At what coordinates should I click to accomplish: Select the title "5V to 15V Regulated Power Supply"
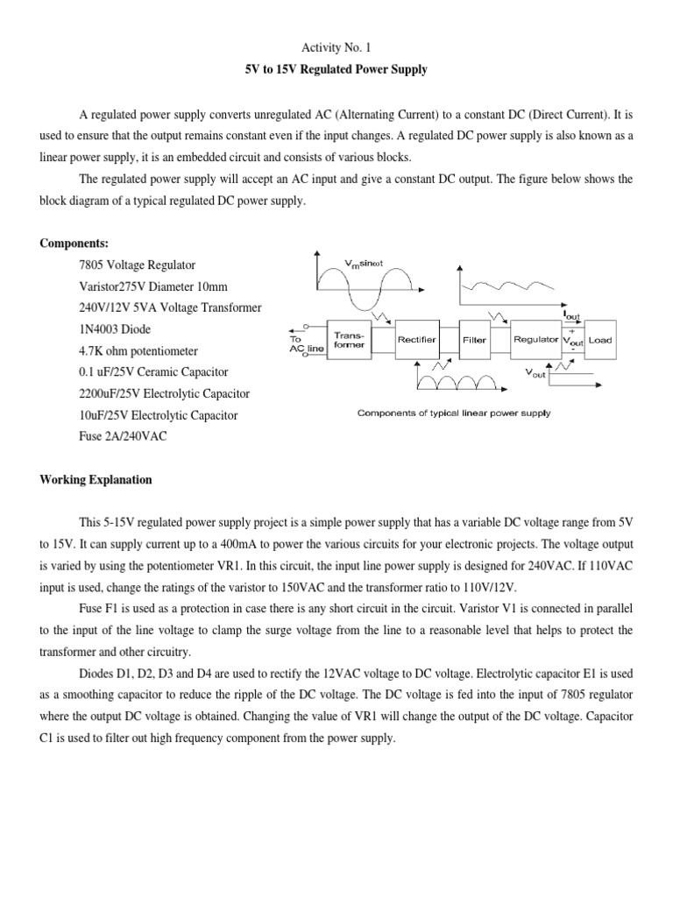336,69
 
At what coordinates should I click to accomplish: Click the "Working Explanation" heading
96,480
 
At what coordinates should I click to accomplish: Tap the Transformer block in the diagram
349,340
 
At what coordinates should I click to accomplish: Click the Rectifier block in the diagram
417,340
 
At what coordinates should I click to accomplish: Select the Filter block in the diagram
474,340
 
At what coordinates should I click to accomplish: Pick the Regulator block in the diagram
535,340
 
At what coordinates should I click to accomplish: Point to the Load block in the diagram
600,340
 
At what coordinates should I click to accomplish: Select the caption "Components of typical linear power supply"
453,413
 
